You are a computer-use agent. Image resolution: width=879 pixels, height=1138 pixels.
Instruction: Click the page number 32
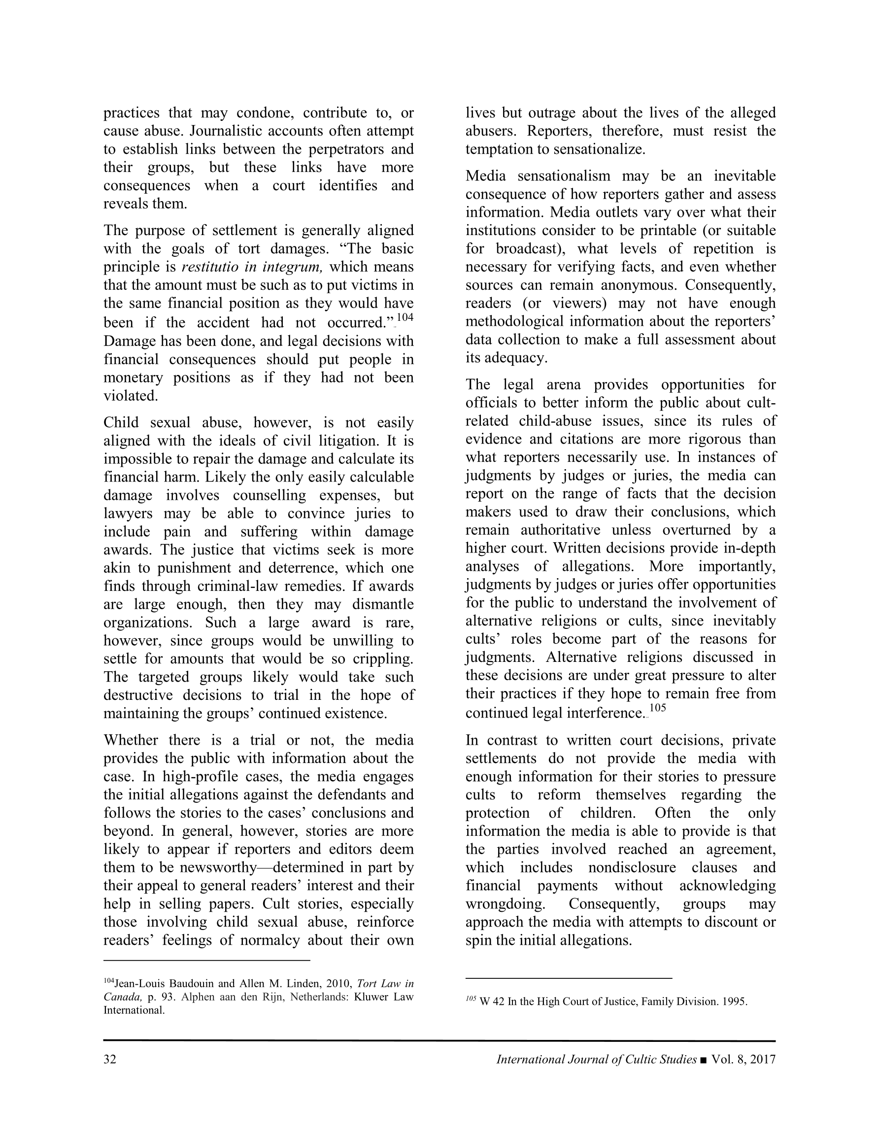(110, 1059)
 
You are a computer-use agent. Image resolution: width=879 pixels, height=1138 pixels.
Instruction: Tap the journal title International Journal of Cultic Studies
(596, 1059)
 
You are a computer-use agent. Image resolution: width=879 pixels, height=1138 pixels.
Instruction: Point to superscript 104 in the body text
(405, 318)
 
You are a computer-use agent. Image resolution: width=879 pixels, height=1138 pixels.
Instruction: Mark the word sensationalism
(563, 176)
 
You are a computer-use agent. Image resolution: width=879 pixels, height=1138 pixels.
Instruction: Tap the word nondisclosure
(632, 867)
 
